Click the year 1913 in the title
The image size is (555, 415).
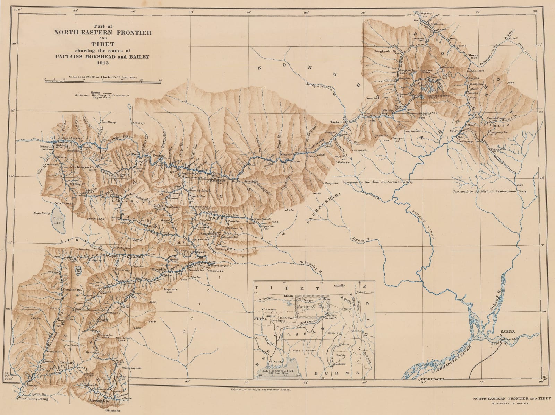[103, 63]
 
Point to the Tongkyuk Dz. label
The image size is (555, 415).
[385, 52]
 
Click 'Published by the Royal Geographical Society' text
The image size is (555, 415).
[260, 390]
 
